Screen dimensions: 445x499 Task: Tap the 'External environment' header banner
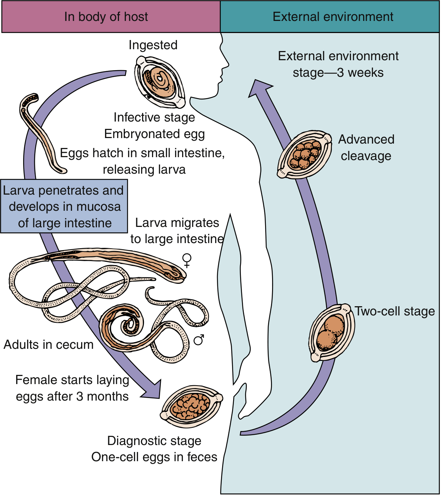pos(330,17)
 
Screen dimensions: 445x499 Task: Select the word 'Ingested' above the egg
pos(153,45)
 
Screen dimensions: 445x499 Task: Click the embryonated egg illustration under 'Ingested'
pos(160,82)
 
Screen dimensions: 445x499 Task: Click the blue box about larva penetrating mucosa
pos(64,206)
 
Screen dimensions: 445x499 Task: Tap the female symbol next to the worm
pos(187,261)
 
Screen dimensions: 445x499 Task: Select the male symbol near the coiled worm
pos(199,340)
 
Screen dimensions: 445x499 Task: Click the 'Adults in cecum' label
pos(48,344)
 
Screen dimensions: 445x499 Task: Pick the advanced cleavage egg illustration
pos(304,155)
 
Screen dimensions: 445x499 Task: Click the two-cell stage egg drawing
pos(332,333)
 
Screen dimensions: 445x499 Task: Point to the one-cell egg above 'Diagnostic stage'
pos(191,406)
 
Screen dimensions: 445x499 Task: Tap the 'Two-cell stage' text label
pos(395,311)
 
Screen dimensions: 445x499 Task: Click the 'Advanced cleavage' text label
pos(366,148)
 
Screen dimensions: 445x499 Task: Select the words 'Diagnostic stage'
pos(154,441)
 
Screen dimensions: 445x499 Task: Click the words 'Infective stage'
pos(154,117)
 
